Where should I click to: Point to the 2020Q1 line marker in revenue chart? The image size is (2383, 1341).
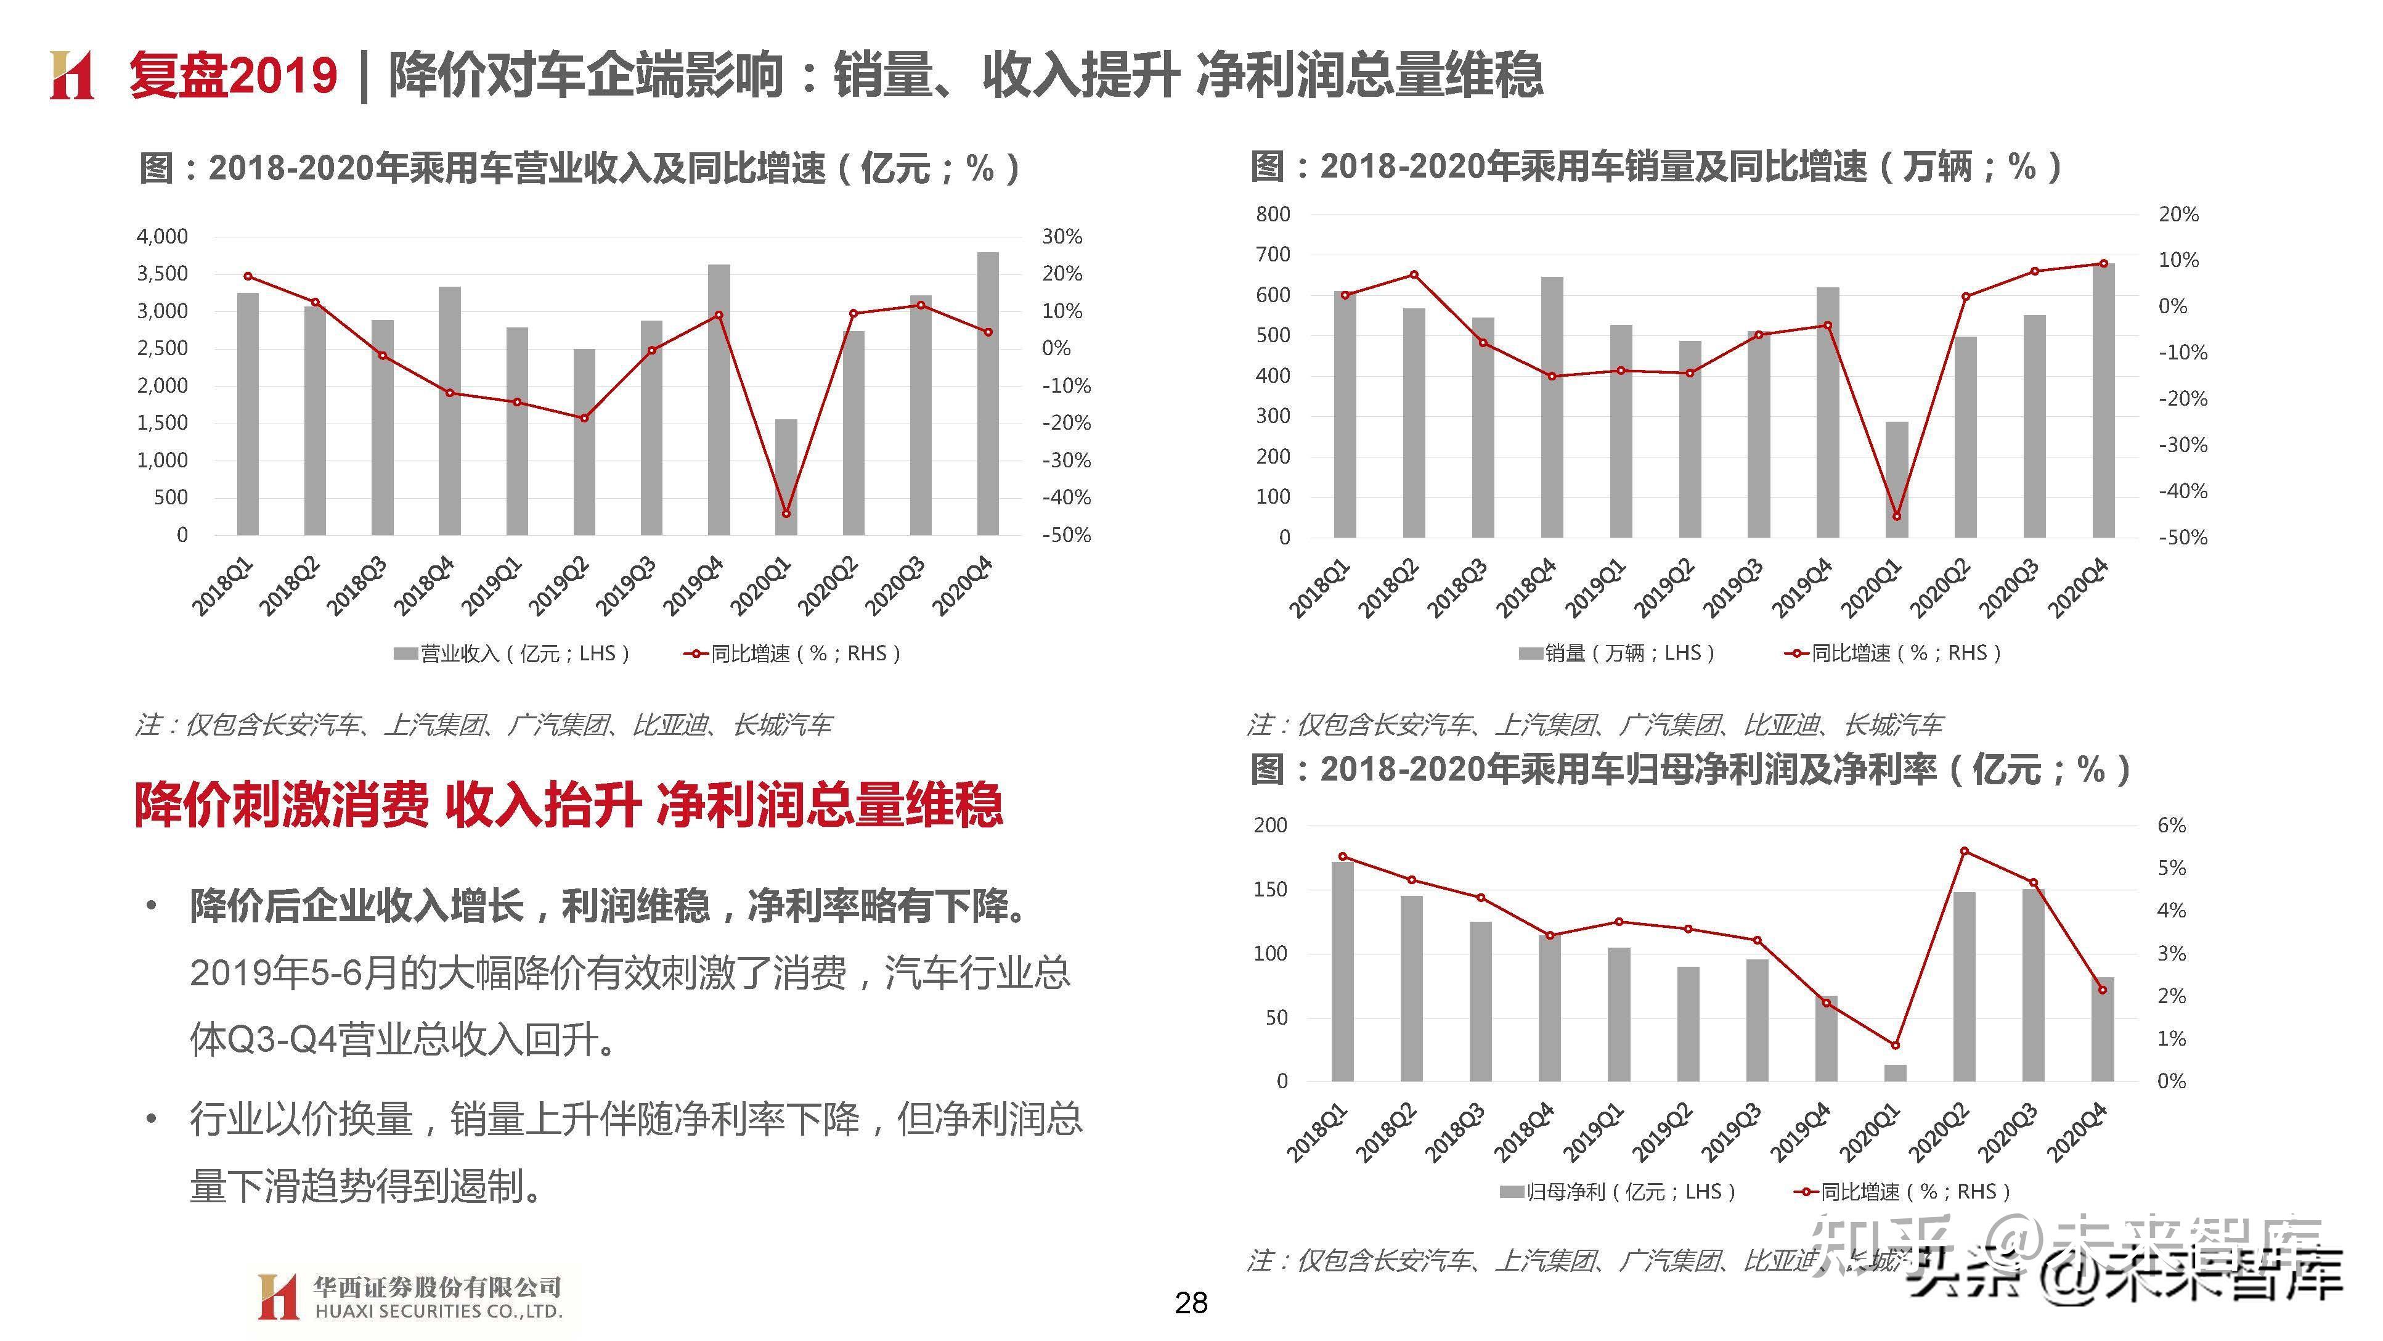pyautogui.click(x=785, y=514)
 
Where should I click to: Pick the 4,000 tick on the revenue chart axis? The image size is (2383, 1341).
pyautogui.click(x=162, y=237)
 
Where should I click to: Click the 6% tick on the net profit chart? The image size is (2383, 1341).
pyautogui.click(x=2171, y=826)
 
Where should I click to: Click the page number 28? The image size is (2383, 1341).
pyautogui.click(x=1191, y=1303)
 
